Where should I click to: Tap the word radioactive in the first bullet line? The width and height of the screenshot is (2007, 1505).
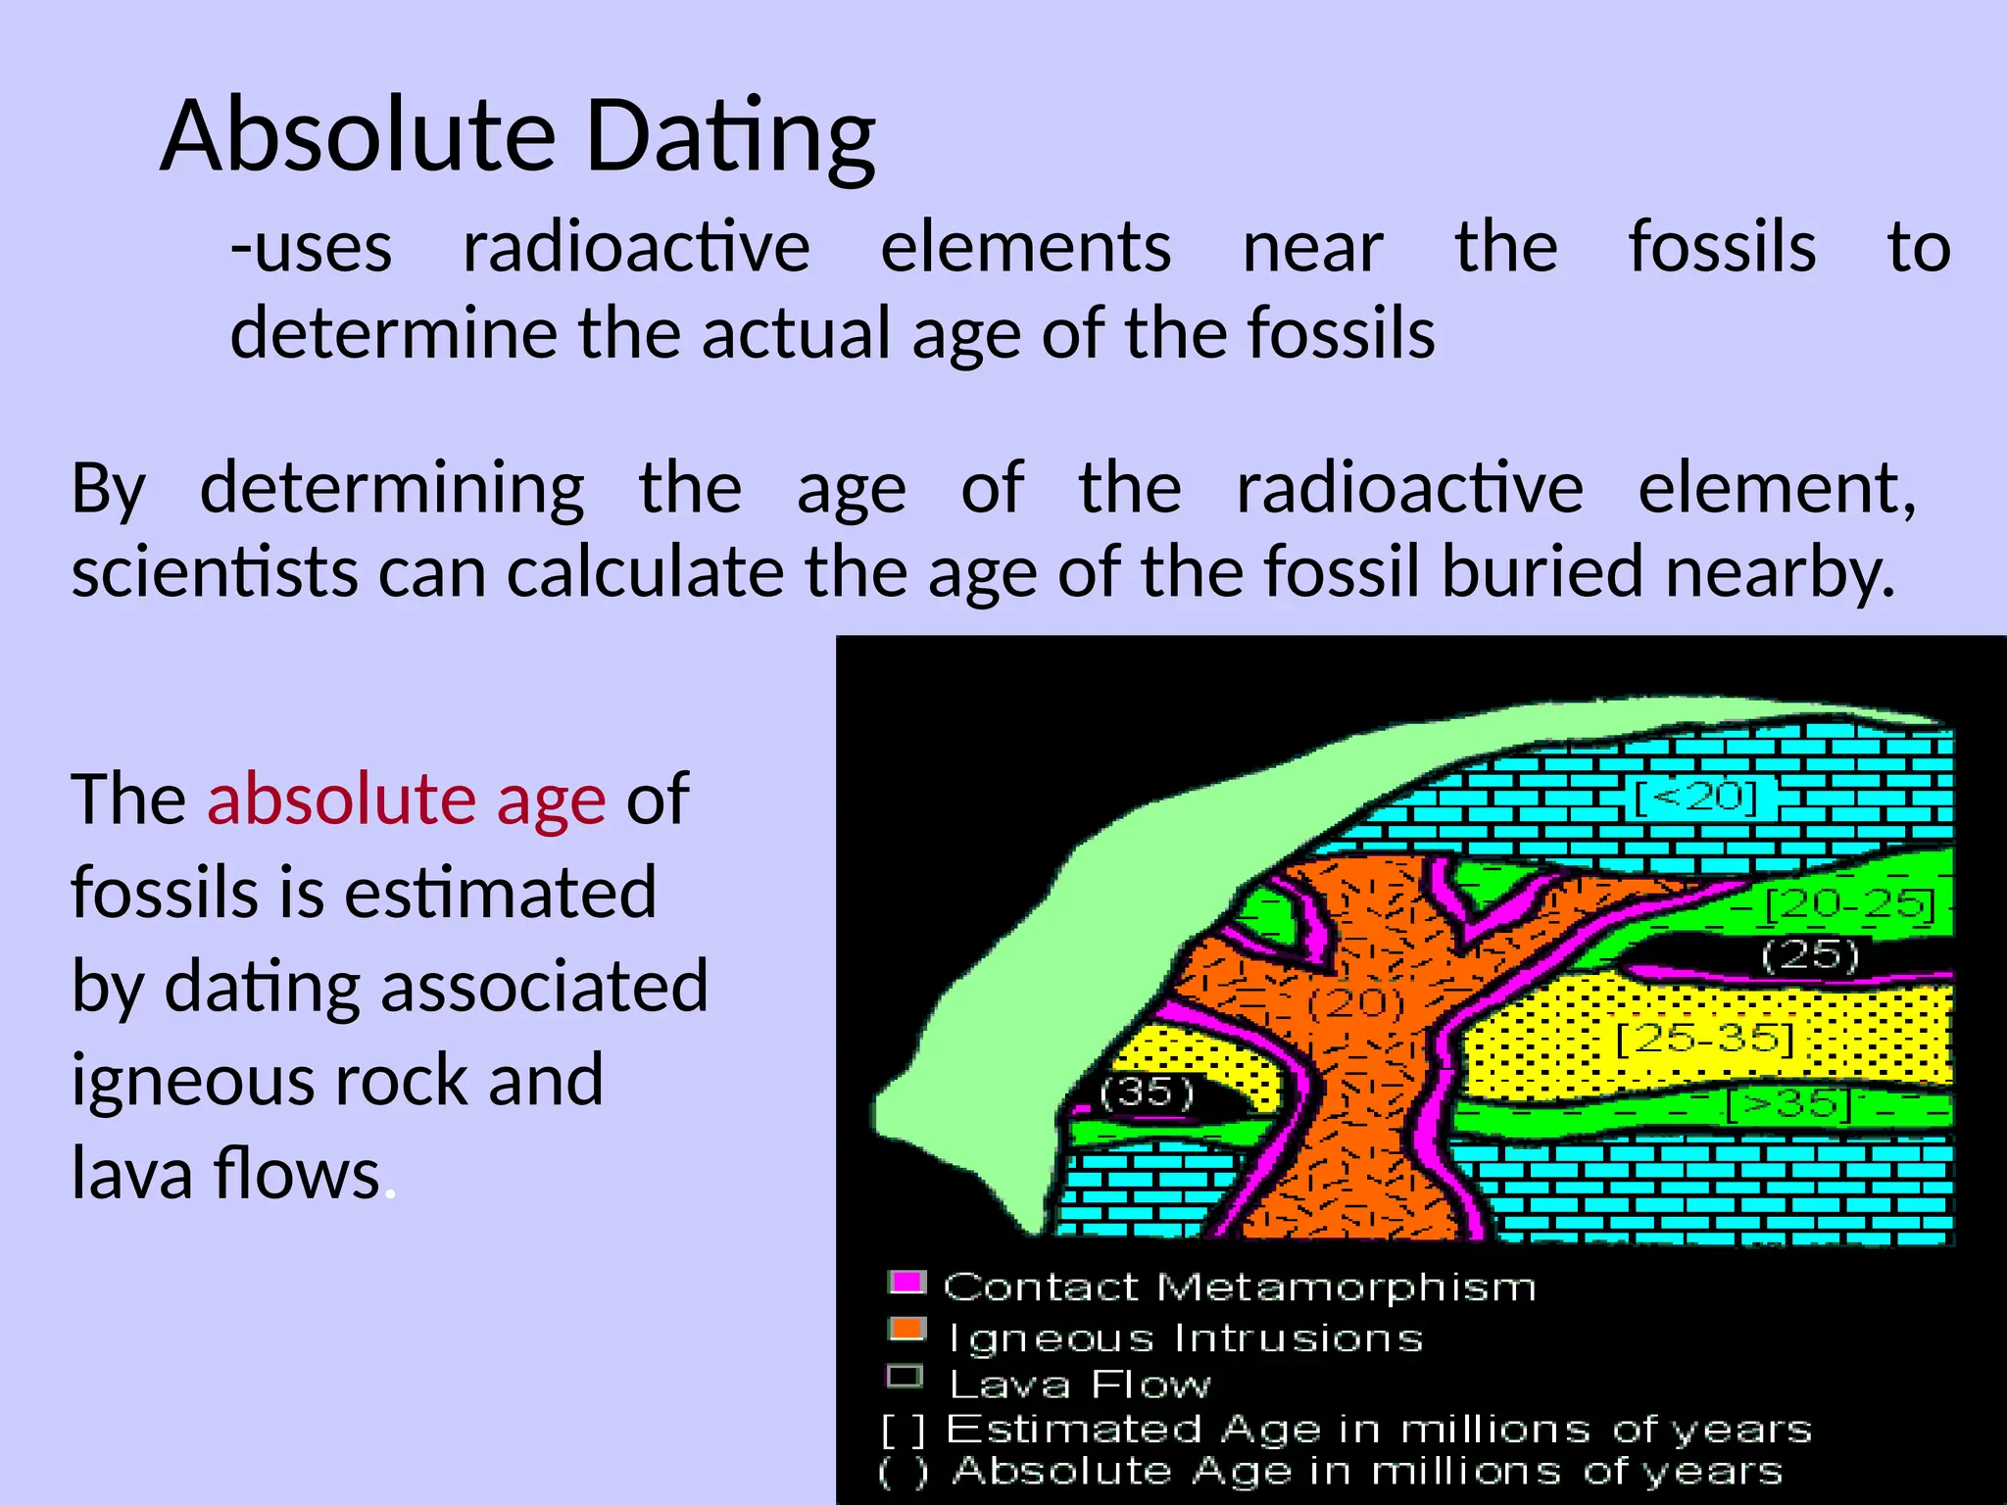pos(636,247)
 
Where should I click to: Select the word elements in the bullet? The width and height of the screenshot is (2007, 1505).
pos(1025,247)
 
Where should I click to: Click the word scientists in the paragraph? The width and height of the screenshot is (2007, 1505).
pos(215,572)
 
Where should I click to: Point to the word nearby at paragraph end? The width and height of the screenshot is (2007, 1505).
pos(1779,572)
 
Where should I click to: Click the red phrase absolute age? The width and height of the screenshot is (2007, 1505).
pos(406,800)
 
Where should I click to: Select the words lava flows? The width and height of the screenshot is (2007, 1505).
pos(225,1174)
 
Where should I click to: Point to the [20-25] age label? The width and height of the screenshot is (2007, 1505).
pos(1849,904)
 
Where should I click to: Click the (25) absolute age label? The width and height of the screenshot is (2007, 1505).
pos(1809,954)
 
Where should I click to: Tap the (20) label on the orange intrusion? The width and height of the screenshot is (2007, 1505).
pos(1356,1001)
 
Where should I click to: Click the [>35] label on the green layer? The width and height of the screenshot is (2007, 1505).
pos(1788,1105)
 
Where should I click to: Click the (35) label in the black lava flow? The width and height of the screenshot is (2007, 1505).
pos(1147,1092)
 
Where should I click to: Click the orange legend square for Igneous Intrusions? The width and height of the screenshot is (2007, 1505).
pos(906,1330)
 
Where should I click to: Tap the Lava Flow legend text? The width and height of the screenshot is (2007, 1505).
pos(1079,1384)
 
